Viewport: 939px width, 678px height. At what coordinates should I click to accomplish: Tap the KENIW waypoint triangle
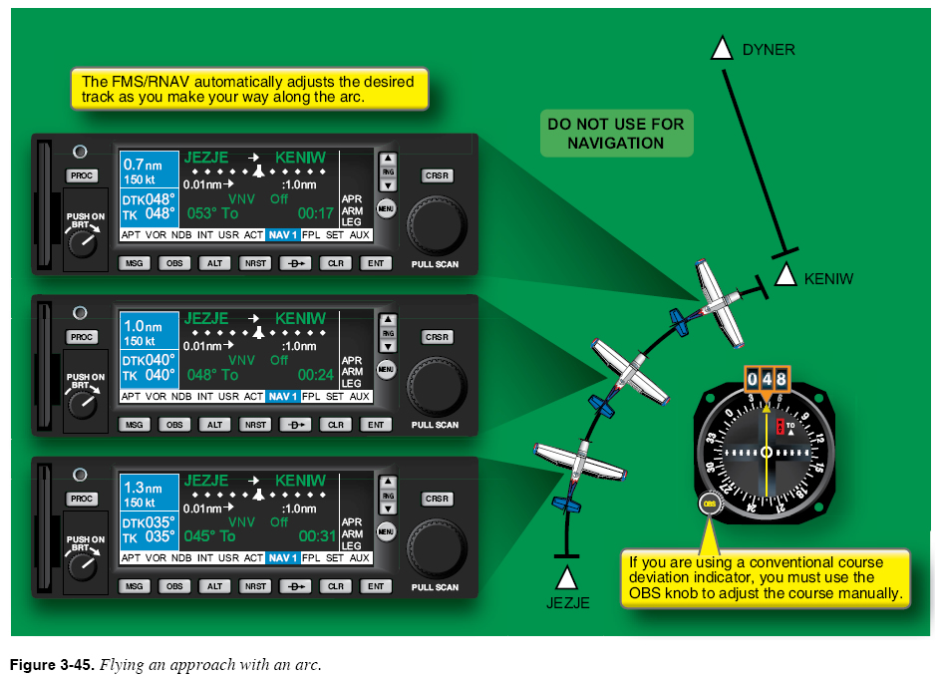tap(785, 277)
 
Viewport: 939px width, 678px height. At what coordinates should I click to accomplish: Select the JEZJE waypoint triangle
tap(566, 577)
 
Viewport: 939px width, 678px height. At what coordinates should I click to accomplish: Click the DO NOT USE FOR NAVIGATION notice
tap(616, 134)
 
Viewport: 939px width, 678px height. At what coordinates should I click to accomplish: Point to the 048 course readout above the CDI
tap(766, 379)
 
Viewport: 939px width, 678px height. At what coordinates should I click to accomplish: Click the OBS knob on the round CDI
tap(710, 504)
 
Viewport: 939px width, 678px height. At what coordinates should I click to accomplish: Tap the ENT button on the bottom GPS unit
tap(375, 586)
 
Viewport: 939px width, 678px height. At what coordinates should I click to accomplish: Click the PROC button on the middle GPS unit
tap(82, 337)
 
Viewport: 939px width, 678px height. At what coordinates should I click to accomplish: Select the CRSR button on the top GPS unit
tap(437, 175)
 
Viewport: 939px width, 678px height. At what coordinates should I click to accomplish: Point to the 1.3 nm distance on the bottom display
tap(142, 488)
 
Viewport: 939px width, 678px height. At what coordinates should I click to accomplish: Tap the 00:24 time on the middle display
tap(316, 375)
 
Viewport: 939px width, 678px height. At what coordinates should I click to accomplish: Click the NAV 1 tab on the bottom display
tap(282, 557)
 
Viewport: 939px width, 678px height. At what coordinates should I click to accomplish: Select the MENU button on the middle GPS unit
tap(387, 370)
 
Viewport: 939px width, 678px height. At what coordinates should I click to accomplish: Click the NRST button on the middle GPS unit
tap(255, 425)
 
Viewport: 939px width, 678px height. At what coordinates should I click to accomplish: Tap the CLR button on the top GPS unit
tap(337, 263)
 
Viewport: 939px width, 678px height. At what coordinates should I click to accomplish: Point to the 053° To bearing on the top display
tap(213, 213)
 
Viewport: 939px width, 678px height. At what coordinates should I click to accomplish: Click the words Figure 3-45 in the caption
tap(50, 664)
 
